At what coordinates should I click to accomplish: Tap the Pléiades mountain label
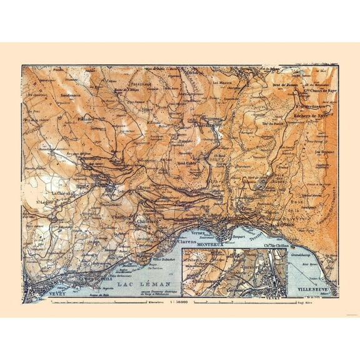(x=86, y=117)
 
